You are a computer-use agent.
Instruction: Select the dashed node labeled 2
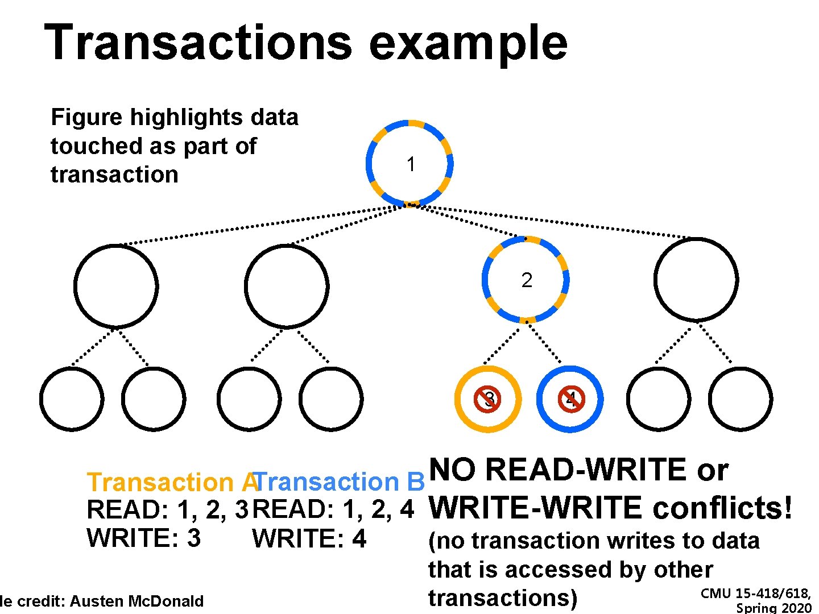(x=526, y=280)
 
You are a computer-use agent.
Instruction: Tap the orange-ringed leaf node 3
(x=488, y=399)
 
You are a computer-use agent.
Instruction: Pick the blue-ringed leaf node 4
(x=570, y=399)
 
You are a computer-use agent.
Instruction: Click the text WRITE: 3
(x=143, y=538)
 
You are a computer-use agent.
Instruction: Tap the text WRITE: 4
(x=309, y=538)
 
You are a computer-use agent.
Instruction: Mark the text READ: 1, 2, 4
(x=333, y=509)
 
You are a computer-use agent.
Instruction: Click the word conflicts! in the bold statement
(x=722, y=508)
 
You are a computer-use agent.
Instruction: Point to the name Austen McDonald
(x=136, y=601)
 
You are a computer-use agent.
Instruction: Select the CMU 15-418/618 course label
(x=756, y=594)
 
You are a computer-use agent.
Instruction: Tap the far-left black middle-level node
(x=115, y=287)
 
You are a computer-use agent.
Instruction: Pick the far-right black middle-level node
(x=696, y=280)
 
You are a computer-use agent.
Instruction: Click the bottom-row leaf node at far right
(x=741, y=399)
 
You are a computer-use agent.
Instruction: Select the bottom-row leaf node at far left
(x=72, y=399)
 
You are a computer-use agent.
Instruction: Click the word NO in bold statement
(x=452, y=470)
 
